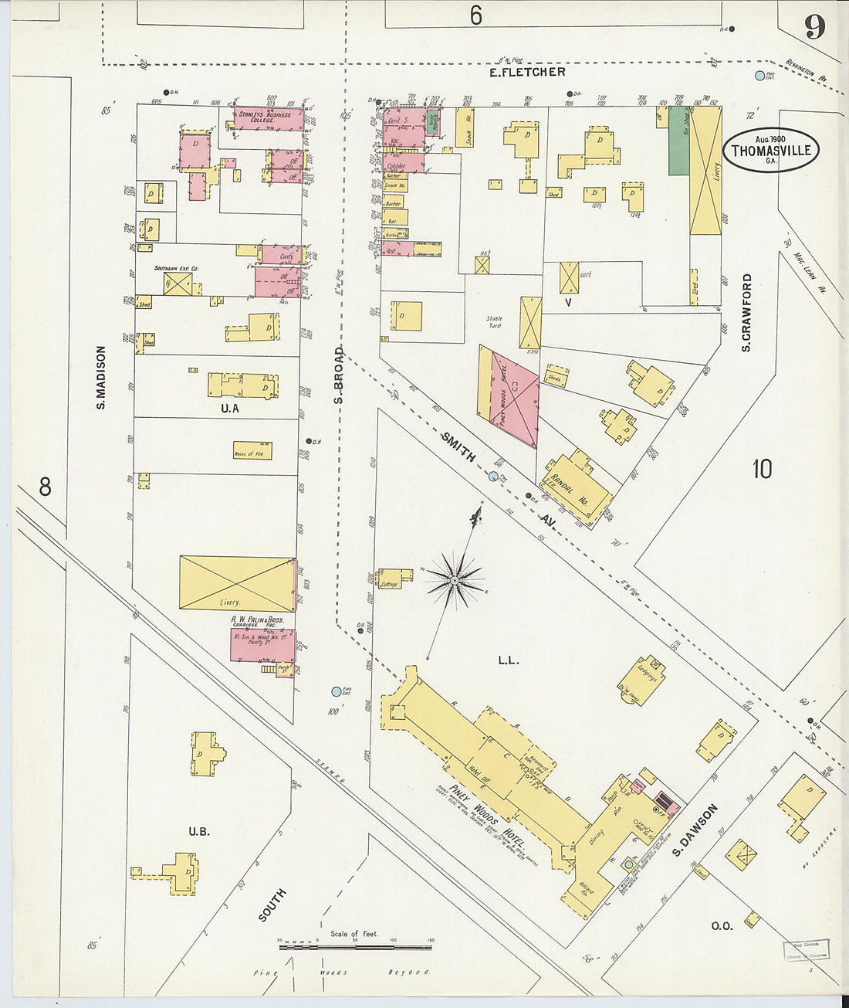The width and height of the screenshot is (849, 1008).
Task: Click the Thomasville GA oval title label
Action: tap(770, 150)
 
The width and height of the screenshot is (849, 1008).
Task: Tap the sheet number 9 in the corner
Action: tap(814, 28)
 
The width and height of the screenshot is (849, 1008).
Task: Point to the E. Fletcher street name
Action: tap(528, 72)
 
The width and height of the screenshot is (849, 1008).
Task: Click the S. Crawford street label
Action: tap(746, 312)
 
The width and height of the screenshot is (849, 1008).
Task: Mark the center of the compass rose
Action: tap(455, 579)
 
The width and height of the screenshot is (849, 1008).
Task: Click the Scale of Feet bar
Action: tap(355, 946)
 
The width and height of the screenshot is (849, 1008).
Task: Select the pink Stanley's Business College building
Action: tap(267, 119)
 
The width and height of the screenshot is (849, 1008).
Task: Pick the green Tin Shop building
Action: tap(678, 141)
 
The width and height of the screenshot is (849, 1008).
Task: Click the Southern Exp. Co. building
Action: tap(178, 283)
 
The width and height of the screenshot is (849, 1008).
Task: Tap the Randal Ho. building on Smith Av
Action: tap(579, 487)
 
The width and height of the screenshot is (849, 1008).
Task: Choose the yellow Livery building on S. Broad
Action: tap(237, 583)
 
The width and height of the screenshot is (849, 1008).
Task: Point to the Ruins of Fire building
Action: tap(252, 450)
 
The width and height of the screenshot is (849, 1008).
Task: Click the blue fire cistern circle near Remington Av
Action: tap(759, 76)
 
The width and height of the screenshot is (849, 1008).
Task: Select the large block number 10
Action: tap(762, 469)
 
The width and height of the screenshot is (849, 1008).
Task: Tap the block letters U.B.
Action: tap(199, 832)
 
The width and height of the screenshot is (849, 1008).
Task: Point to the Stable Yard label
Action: tap(495, 321)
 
